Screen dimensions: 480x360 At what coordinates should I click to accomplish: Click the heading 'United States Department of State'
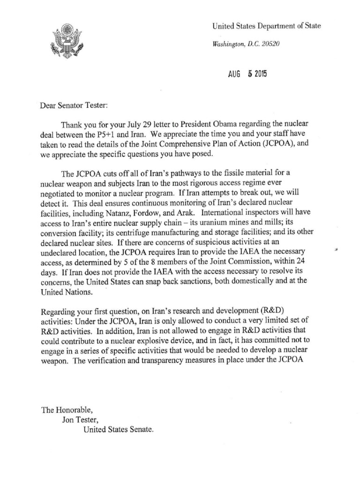pos(266,27)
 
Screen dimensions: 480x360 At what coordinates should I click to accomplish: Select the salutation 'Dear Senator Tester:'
pos(75,106)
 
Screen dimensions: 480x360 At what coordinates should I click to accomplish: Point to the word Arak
pos(189,214)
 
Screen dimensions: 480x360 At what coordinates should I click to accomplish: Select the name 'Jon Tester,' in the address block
pos(81,419)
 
